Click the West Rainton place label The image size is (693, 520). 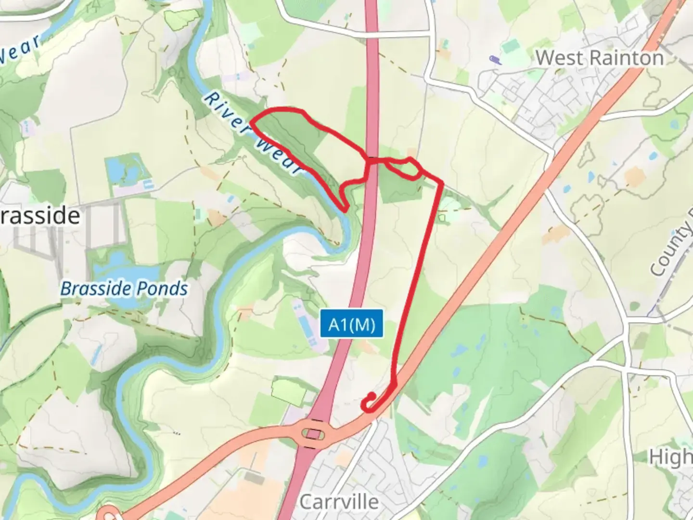pos(599,58)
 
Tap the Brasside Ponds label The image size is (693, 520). pos(124,289)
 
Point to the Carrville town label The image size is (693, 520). pos(339,502)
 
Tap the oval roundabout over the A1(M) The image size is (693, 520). pos(313,435)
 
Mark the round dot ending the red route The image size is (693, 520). pos(372,396)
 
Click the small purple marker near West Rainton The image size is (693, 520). pos(494,60)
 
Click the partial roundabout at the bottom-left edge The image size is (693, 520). pos(110,515)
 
